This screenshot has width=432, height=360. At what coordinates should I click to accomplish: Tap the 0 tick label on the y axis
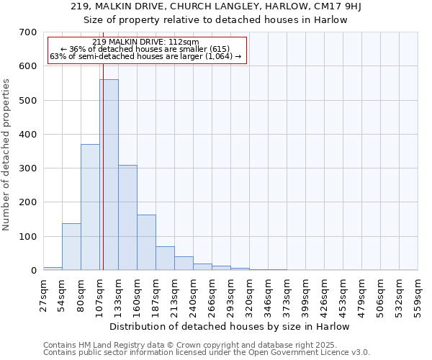coord(33,271)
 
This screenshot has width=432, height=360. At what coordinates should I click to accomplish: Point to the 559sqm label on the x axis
coord(418,294)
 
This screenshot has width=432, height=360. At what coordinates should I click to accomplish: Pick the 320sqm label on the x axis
coord(250,294)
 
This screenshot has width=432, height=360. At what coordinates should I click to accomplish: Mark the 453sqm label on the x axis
coord(343,294)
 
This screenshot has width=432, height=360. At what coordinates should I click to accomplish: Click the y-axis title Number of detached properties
coord(7,155)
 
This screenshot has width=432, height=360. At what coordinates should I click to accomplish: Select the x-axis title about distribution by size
coord(230,326)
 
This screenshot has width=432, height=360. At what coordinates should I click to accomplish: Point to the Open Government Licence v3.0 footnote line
coord(207,353)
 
